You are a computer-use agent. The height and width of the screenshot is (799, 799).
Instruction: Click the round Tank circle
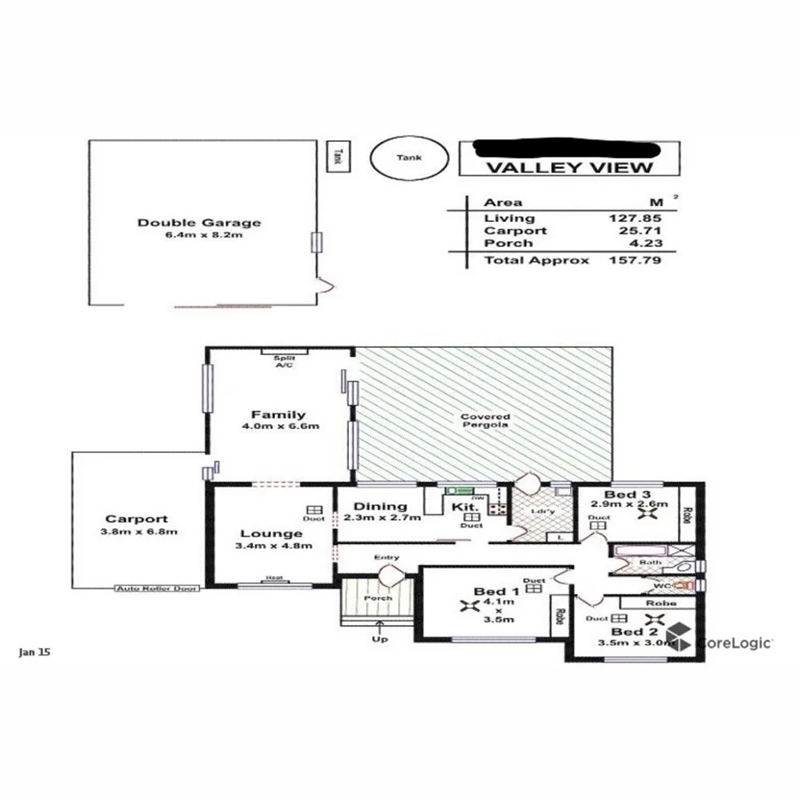[409, 158]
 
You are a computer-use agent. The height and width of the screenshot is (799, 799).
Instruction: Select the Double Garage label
[199, 223]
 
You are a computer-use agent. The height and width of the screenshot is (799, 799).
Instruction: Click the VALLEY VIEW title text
[571, 168]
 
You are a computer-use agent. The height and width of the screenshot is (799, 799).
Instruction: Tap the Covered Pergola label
[485, 422]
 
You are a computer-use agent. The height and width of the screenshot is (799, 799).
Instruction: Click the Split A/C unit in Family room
[284, 352]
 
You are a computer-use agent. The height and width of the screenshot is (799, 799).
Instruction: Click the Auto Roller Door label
[157, 588]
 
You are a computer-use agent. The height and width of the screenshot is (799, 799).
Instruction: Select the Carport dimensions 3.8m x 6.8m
[136, 532]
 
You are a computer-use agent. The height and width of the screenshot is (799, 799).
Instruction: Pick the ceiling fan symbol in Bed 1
[468, 606]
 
